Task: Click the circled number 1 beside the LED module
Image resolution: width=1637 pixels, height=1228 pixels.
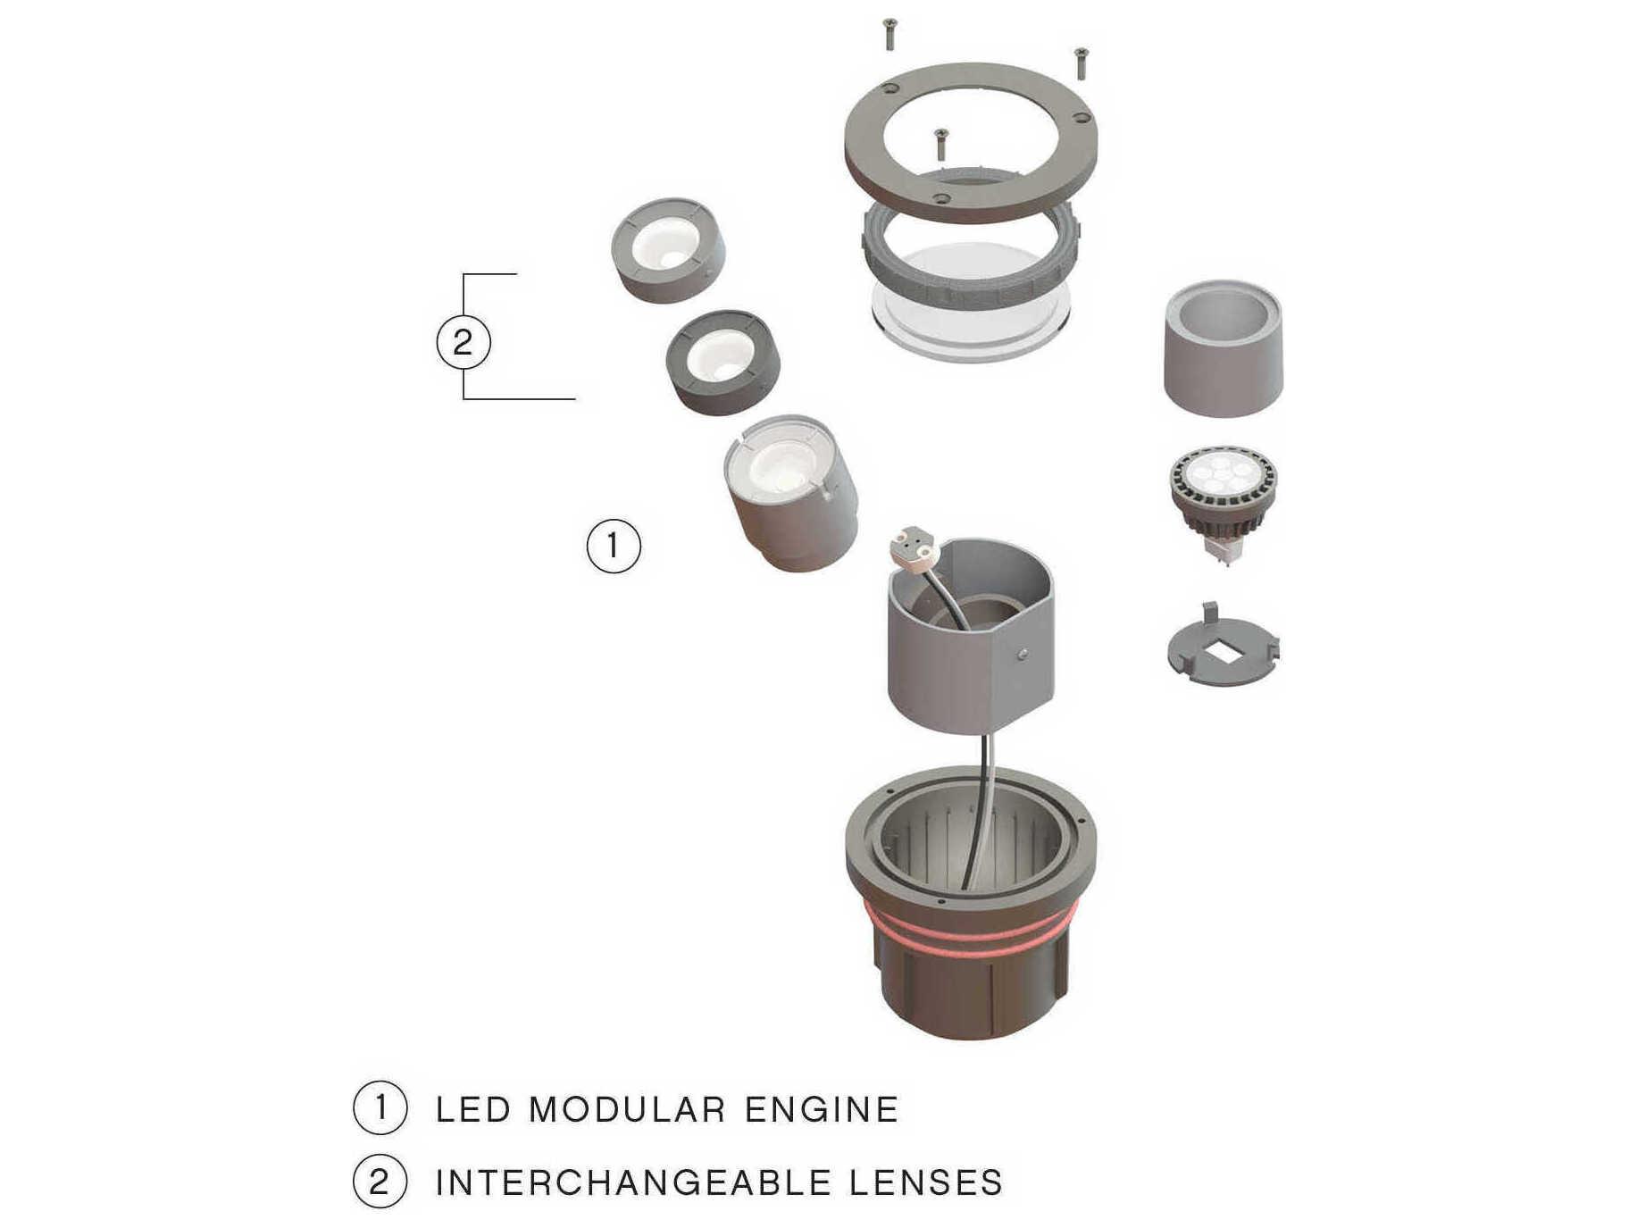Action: tap(614, 546)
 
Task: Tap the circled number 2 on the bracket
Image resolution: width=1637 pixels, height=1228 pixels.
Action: tap(463, 342)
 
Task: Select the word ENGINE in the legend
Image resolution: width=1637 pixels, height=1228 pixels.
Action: tap(822, 1109)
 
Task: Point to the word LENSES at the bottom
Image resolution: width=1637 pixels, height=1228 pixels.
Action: tap(926, 1182)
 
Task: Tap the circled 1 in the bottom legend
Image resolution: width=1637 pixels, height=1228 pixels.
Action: tap(380, 1107)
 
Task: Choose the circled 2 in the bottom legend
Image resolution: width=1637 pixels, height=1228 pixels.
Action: tap(380, 1182)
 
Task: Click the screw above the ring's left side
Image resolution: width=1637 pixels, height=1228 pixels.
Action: tap(889, 34)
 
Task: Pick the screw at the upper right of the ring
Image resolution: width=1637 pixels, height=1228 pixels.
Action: tap(1081, 63)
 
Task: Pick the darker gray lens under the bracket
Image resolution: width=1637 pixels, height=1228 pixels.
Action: tap(722, 362)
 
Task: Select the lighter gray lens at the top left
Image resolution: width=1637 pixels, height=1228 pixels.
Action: tap(668, 250)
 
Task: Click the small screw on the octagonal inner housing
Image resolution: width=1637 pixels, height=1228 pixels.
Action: tap(1022, 655)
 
